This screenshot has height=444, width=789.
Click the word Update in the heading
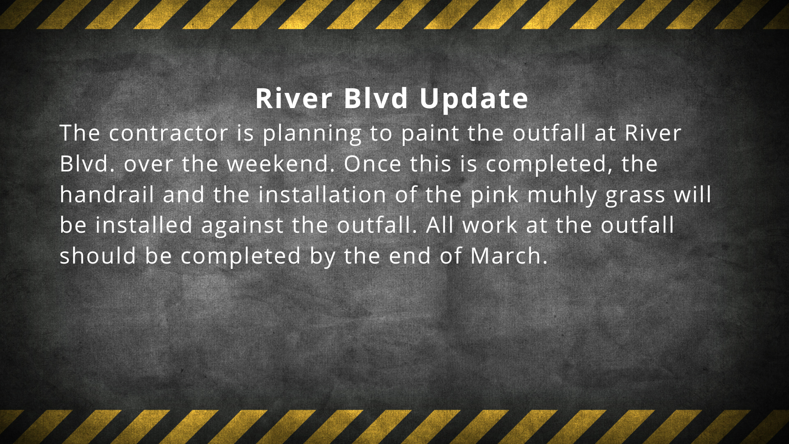[x=474, y=99]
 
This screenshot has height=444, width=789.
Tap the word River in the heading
[x=294, y=99]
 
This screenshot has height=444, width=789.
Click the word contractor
[x=168, y=133]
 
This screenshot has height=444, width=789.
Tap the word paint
[x=430, y=133]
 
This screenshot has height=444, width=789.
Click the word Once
[x=373, y=164]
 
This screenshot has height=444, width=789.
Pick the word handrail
[x=107, y=194]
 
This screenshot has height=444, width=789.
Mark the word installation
[x=322, y=194]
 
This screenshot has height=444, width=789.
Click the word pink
[x=494, y=195]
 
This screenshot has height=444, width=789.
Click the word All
[x=440, y=225]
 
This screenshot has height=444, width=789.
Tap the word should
[x=98, y=255]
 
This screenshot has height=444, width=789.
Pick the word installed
[x=144, y=225]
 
